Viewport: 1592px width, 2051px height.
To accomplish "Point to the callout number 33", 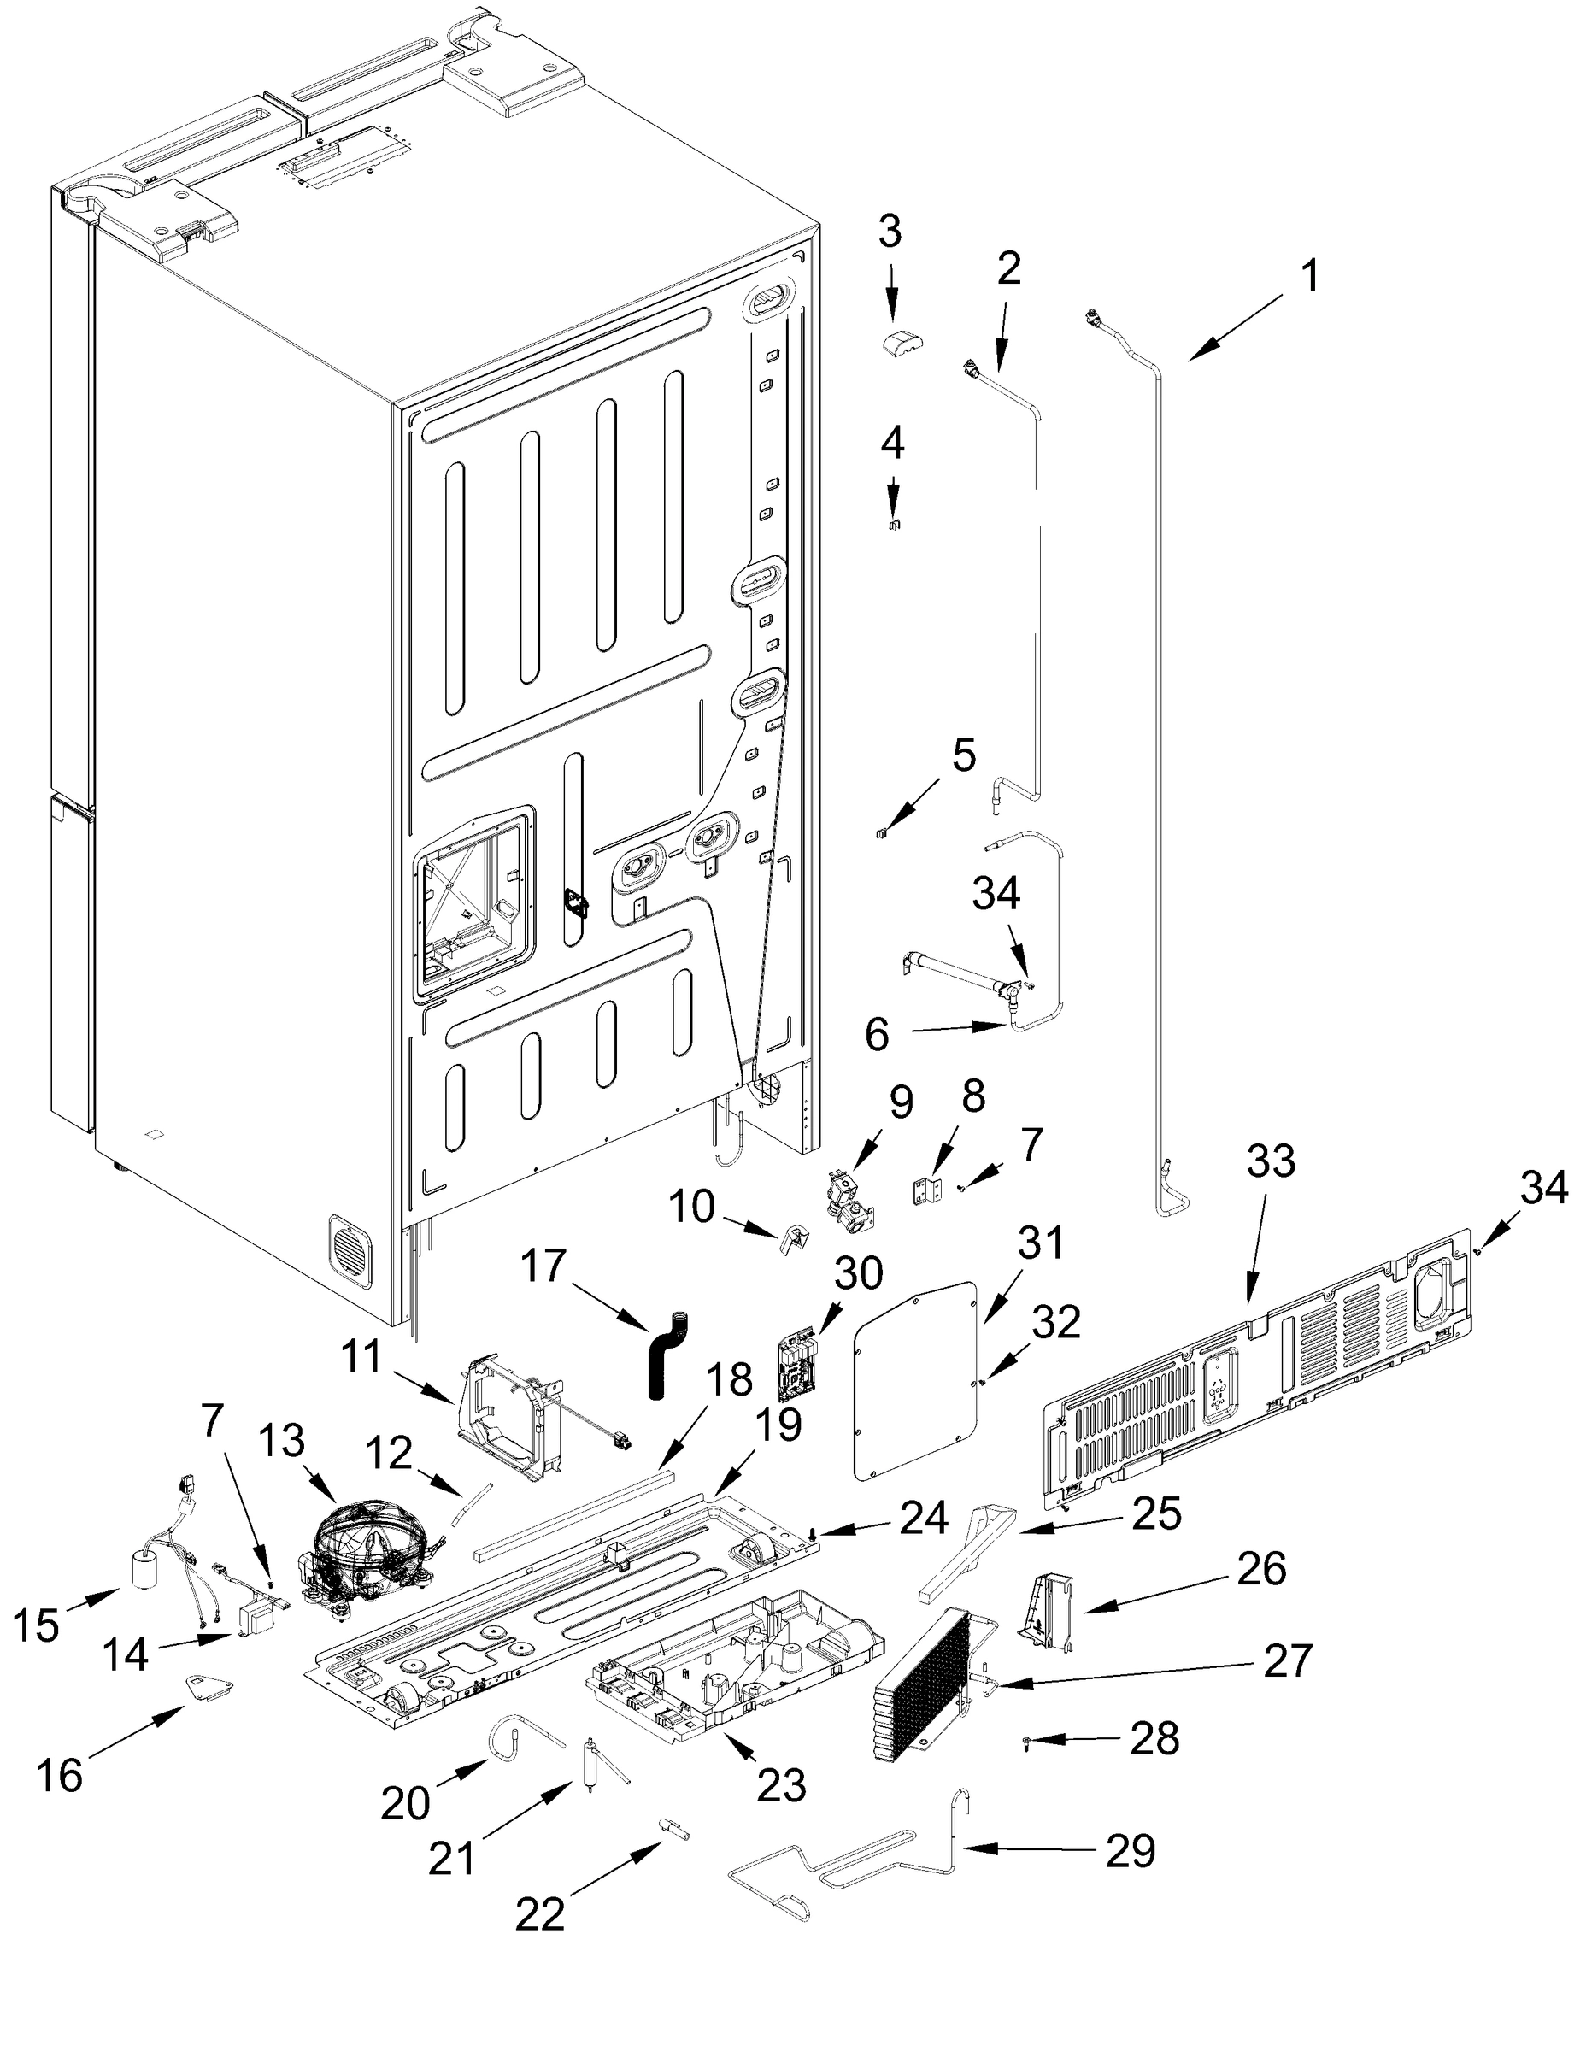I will (1271, 1161).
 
